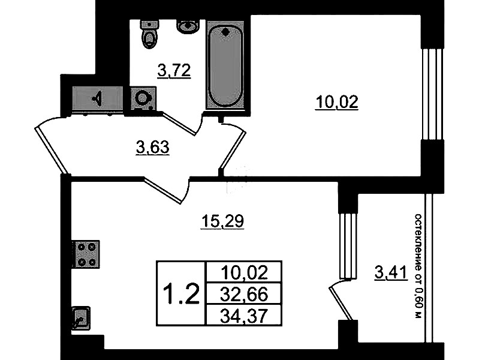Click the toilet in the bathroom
pos(150,34)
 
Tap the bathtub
pos(225,65)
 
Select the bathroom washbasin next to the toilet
pos(188,26)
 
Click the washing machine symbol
pos(143,98)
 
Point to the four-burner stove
pos(86,254)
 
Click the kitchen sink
pos(82,318)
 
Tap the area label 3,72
pos(174,71)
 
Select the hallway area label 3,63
pos(152,148)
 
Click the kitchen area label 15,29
pos(222,221)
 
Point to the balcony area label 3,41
pos(391,272)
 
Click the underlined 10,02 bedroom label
pos(337,102)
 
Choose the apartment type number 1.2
pos(182,294)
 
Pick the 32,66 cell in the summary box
pos(244,294)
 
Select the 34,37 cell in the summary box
pos(244,316)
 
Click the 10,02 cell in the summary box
pos(244,272)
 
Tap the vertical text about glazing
pos(418,266)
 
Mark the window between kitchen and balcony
pos(348,246)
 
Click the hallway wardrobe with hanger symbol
pos(98,98)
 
